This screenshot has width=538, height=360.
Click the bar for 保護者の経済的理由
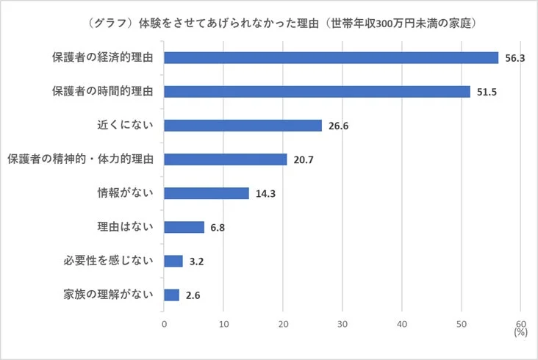(x=331, y=58)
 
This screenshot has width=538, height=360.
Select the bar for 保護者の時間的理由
(x=317, y=92)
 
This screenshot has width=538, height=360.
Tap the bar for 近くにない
(x=243, y=126)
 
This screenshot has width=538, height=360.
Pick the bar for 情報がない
(x=207, y=193)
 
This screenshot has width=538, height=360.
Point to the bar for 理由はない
(x=184, y=227)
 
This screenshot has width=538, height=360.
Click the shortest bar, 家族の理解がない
(x=171, y=295)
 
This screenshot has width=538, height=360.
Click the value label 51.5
(x=486, y=92)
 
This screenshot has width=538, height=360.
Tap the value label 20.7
(x=303, y=159)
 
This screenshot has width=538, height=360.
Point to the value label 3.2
(x=197, y=261)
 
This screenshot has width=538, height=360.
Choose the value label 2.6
(x=193, y=295)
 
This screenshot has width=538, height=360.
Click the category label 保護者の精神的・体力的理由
(x=79, y=159)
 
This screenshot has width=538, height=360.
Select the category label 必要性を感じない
(x=109, y=261)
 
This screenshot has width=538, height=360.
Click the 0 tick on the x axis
(x=164, y=323)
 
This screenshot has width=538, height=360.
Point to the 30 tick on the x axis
(x=342, y=323)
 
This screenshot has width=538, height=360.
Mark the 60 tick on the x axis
(x=520, y=323)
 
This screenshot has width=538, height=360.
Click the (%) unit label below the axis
(x=521, y=332)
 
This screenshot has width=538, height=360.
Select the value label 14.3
(x=267, y=193)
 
